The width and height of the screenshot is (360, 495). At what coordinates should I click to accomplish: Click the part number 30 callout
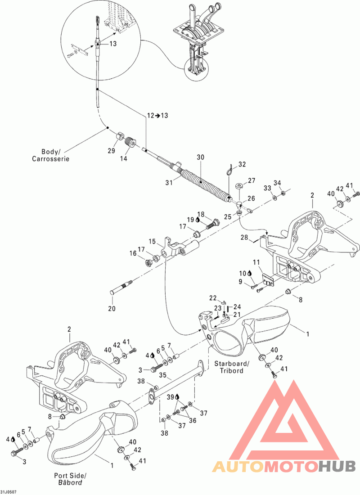201,157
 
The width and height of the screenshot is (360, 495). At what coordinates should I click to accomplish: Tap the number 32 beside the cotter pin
242,164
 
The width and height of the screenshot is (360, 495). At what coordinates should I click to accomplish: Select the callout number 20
112,308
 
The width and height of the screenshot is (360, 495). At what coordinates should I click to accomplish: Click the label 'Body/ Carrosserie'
50,155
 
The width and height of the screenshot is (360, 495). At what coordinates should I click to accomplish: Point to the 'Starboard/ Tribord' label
232,367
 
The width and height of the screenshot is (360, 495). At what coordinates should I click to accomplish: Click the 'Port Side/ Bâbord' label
70,479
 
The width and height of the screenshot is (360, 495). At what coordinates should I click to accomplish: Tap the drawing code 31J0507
9,492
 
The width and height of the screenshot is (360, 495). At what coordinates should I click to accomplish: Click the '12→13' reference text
157,115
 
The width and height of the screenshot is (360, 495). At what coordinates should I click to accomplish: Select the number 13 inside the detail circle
113,44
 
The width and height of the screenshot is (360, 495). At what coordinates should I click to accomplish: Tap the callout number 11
256,262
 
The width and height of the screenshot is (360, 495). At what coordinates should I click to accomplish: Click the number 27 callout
252,180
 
